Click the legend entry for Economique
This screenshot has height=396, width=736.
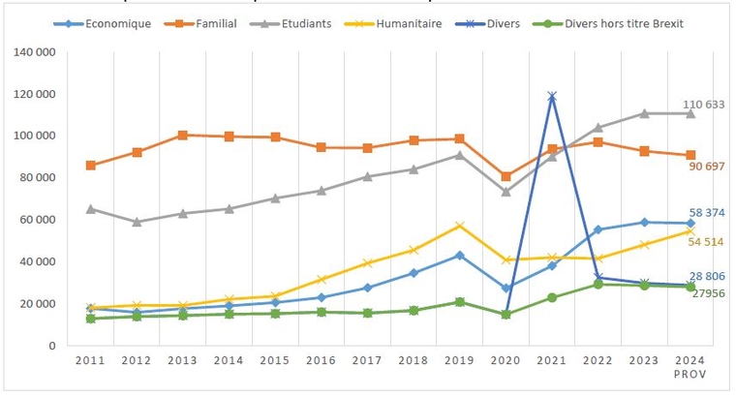[116, 23]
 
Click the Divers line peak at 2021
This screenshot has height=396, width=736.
[552, 96]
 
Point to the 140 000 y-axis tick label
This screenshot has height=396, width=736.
[35, 52]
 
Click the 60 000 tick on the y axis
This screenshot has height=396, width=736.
[38, 220]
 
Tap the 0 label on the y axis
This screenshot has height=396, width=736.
[51, 346]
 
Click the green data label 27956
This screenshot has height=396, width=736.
[707, 292]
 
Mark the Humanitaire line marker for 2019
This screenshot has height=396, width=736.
[459, 226]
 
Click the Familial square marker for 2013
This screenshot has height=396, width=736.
[183, 136]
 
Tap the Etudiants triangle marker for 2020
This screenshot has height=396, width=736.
[506, 192]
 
